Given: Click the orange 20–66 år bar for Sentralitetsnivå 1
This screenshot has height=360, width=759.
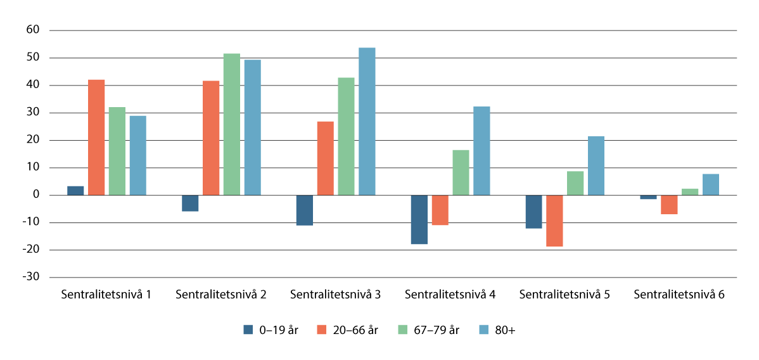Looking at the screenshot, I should [x=96, y=138].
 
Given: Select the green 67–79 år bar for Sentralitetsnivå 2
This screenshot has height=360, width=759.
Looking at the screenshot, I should [x=232, y=124].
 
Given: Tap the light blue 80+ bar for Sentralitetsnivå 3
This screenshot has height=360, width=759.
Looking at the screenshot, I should [x=367, y=122].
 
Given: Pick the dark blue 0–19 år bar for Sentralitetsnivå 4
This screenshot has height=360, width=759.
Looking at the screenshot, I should [x=419, y=219].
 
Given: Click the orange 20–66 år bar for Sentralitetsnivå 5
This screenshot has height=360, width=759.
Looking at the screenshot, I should [x=554, y=221].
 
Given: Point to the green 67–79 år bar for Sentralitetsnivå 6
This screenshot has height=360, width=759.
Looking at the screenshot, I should [x=690, y=192].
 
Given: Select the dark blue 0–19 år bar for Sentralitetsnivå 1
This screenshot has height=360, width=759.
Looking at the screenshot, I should [x=75, y=191].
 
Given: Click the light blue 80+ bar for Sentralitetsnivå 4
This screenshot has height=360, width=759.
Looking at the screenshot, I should [x=482, y=151].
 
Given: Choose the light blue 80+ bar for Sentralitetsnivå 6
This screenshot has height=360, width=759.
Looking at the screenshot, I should [x=711, y=184].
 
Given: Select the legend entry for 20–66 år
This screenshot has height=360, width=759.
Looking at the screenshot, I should [x=348, y=330].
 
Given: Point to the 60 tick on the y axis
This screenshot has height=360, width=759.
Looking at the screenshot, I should [x=33, y=30].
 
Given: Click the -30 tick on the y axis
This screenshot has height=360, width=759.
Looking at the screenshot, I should [x=32, y=278].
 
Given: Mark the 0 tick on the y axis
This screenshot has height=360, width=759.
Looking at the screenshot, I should [x=36, y=195].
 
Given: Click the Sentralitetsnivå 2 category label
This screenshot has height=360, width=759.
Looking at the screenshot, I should [x=220, y=295].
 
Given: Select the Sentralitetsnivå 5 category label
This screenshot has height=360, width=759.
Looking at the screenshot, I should [x=564, y=295].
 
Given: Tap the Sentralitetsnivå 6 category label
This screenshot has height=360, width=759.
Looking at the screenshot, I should [x=679, y=295].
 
